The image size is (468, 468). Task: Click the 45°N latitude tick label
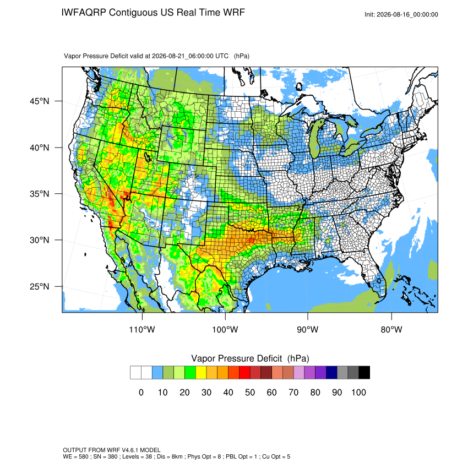40,101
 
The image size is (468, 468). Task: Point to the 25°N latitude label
40,286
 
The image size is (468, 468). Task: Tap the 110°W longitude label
142,329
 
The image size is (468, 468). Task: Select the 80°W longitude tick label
391,329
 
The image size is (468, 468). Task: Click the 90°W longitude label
307,329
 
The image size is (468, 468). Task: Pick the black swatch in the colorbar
364,373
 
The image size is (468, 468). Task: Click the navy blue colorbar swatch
331,373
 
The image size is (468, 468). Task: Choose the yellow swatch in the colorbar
201,373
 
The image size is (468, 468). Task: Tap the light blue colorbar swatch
157,373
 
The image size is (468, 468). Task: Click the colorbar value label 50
250,392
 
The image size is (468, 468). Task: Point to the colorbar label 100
358,392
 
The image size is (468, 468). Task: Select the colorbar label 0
141,392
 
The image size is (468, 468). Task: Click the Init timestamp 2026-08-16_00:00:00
407,15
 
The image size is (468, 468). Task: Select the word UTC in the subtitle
222,56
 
